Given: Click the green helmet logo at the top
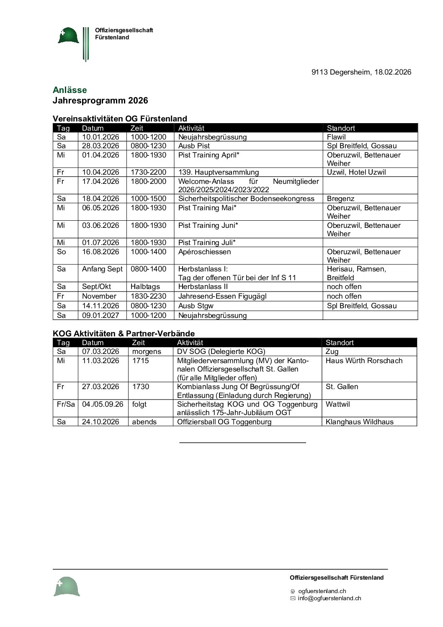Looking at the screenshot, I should [68, 36].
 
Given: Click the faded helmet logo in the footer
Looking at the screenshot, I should [67, 586].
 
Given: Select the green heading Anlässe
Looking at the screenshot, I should [70, 90].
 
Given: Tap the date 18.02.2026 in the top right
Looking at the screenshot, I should [392, 72].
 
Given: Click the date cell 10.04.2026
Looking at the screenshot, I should [100, 172].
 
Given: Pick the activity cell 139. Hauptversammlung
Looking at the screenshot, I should [218, 172].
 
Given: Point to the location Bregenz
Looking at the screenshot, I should [340, 199].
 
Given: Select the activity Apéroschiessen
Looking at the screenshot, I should [204, 252].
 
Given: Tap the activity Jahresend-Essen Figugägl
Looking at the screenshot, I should [222, 296].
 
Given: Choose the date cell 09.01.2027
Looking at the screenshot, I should [100, 315].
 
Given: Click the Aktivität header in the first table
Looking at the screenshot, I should [191, 128].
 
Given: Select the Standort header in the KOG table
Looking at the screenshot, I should [340, 343].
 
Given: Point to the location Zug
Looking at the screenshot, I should [332, 351].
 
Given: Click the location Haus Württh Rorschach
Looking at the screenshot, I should [364, 361].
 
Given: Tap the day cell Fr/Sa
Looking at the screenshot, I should [66, 404].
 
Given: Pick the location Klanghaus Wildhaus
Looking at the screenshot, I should [359, 422].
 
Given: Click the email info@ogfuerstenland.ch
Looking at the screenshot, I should [329, 599].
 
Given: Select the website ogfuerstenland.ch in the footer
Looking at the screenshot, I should [322, 591].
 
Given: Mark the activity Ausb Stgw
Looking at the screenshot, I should [196, 306].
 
